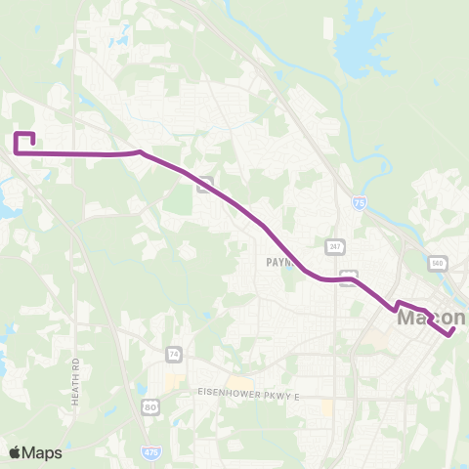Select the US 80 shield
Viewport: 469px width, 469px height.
pyautogui.click(x=149, y=406)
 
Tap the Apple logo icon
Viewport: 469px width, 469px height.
pyautogui.click(x=16, y=452)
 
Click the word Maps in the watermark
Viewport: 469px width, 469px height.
pyautogui.click(x=43, y=452)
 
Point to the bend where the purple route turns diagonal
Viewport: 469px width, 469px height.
pyautogui.click(x=142, y=152)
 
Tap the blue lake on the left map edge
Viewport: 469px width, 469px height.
pyautogui.click(x=8, y=206)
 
